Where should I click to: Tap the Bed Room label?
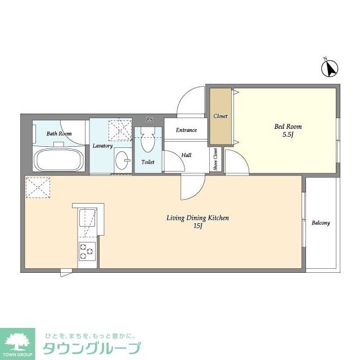(x=287, y=127)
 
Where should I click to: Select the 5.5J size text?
(x=287, y=136)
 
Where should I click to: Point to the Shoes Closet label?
(x=216, y=159)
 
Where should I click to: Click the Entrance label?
(x=186, y=130)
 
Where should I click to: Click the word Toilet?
(x=148, y=162)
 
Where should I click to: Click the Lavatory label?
(x=102, y=146)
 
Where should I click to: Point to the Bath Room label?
(x=58, y=134)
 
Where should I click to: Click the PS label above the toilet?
(x=149, y=119)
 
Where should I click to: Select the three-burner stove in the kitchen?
(x=87, y=252)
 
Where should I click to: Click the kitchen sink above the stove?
(x=87, y=221)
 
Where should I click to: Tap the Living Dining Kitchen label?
(x=197, y=218)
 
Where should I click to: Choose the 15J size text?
(x=197, y=227)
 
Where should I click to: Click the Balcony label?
(x=321, y=223)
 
